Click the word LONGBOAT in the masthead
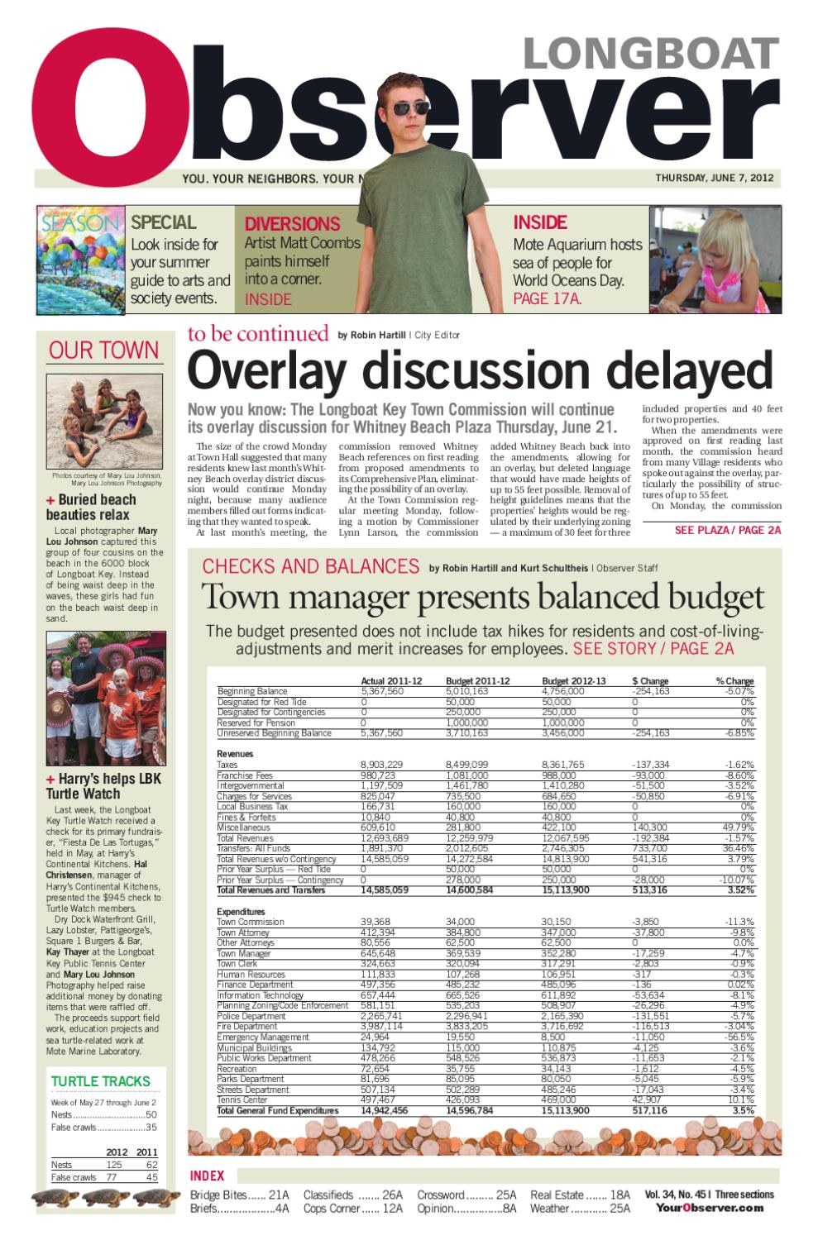pos(651,55)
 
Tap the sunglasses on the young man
pos(410,107)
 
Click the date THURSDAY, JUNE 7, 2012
pos(714,178)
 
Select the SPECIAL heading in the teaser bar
pos(164,222)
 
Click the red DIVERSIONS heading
pos(292,224)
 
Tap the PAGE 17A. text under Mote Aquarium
pos(548,299)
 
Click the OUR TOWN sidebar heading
pos(103,351)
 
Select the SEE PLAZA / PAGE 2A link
pos(727,530)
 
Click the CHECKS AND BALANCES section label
pos(311,567)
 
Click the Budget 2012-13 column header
pos(573,681)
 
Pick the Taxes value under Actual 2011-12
pos(382,765)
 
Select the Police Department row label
pos(251,1016)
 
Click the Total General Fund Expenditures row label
pos(278,1111)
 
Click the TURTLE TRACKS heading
pos(100,1081)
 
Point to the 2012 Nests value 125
pos(113,1165)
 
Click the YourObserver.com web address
pos(710,1208)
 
